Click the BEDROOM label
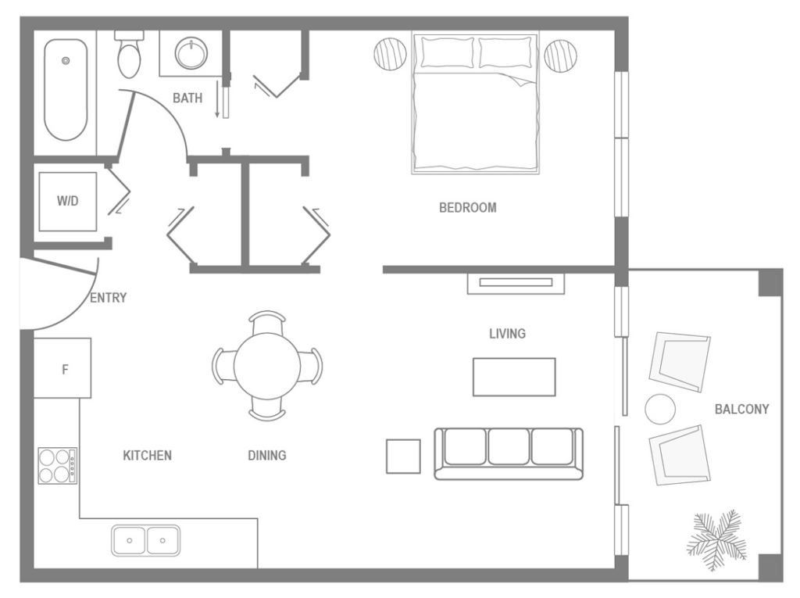click(467, 208)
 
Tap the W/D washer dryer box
click(68, 201)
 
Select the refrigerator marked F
click(63, 368)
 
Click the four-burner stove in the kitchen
click(58, 465)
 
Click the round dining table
click(266, 366)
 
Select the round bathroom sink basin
click(190, 54)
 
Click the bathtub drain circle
click(66, 59)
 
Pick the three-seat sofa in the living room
click(509, 453)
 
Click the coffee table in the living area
click(513, 377)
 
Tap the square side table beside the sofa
click(403, 456)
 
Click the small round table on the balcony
click(660, 409)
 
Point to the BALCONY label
click(741, 409)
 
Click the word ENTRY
click(109, 298)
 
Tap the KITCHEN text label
click(147, 455)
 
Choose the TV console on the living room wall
click(516, 283)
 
